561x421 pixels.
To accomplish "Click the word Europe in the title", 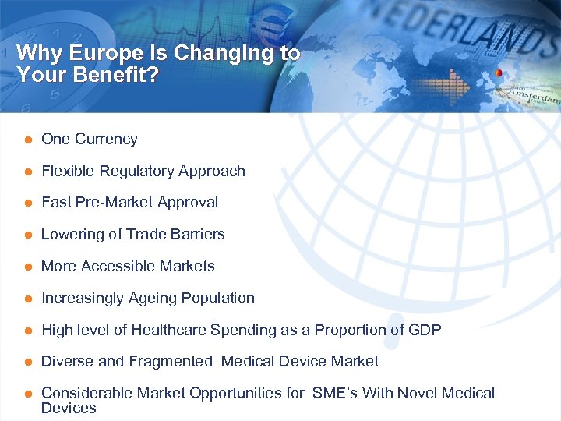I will click(97, 53).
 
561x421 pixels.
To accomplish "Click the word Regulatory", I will click(131, 172).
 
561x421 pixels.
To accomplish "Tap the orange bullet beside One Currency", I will click(26, 140).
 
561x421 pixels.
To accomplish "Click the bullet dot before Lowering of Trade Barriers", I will click(26, 235).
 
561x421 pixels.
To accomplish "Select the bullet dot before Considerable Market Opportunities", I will click(26, 394).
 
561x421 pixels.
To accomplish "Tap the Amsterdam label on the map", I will click(533, 97).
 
